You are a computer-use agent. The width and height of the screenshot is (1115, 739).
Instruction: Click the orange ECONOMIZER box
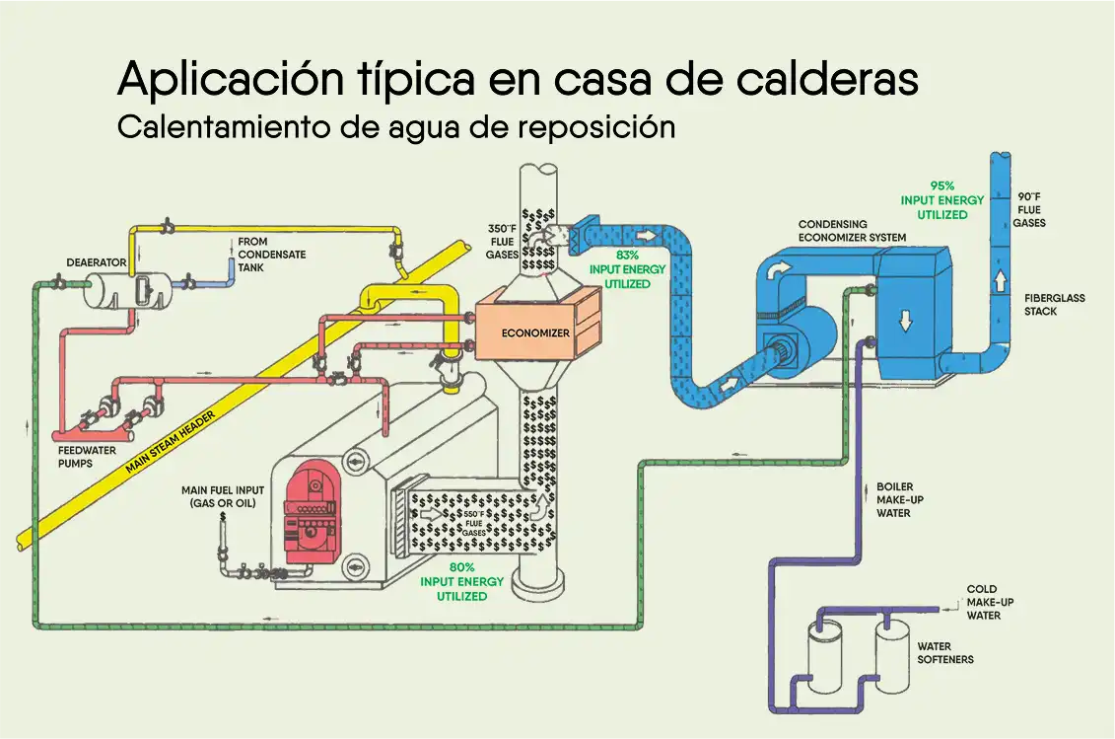tap(535, 333)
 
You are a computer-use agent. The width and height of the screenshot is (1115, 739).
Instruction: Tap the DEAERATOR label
tap(96, 263)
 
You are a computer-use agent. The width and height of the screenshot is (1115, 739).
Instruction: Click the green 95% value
tap(941, 185)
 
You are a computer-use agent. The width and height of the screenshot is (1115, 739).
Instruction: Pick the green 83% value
tap(627, 255)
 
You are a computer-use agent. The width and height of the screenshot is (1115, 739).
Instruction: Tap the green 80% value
tap(461, 567)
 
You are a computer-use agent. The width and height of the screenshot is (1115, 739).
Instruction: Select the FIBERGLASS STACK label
tap(1054, 304)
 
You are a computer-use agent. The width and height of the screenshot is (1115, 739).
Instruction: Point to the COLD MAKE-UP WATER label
tap(983, 602)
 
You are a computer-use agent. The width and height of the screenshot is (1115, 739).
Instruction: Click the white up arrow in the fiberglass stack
tap(1001, 280)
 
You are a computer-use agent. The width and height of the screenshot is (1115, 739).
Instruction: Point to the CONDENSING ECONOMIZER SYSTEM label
tap(851, 230)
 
